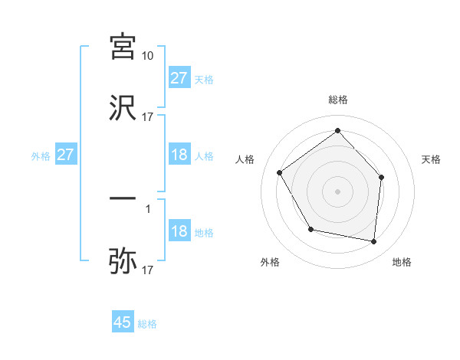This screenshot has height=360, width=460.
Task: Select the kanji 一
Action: coord(123,198)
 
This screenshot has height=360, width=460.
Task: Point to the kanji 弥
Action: coord(123,260)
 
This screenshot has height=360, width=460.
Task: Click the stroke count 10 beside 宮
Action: coord(148,56)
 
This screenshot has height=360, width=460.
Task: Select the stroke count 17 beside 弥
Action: coord(148,270)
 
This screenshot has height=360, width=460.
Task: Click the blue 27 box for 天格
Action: coord(179,78)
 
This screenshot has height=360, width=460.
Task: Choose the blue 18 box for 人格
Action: coord(179,155)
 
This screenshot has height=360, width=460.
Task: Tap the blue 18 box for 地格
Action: coord(179,231)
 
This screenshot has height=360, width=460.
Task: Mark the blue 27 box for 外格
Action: coord(66,155)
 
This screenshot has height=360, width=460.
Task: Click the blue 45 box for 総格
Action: coord(123,322)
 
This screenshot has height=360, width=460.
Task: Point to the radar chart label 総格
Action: coord(338,100)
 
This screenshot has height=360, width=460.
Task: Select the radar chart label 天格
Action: coord(432,159)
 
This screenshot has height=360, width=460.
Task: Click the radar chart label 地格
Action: coord(402,262)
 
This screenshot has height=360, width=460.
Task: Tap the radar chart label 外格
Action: coord(270,262)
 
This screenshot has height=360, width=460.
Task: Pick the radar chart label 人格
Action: coord(245,159)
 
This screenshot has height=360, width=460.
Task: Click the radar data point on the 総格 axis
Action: coord(337,130)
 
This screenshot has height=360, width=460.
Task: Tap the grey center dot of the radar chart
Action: coord(337,191)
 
